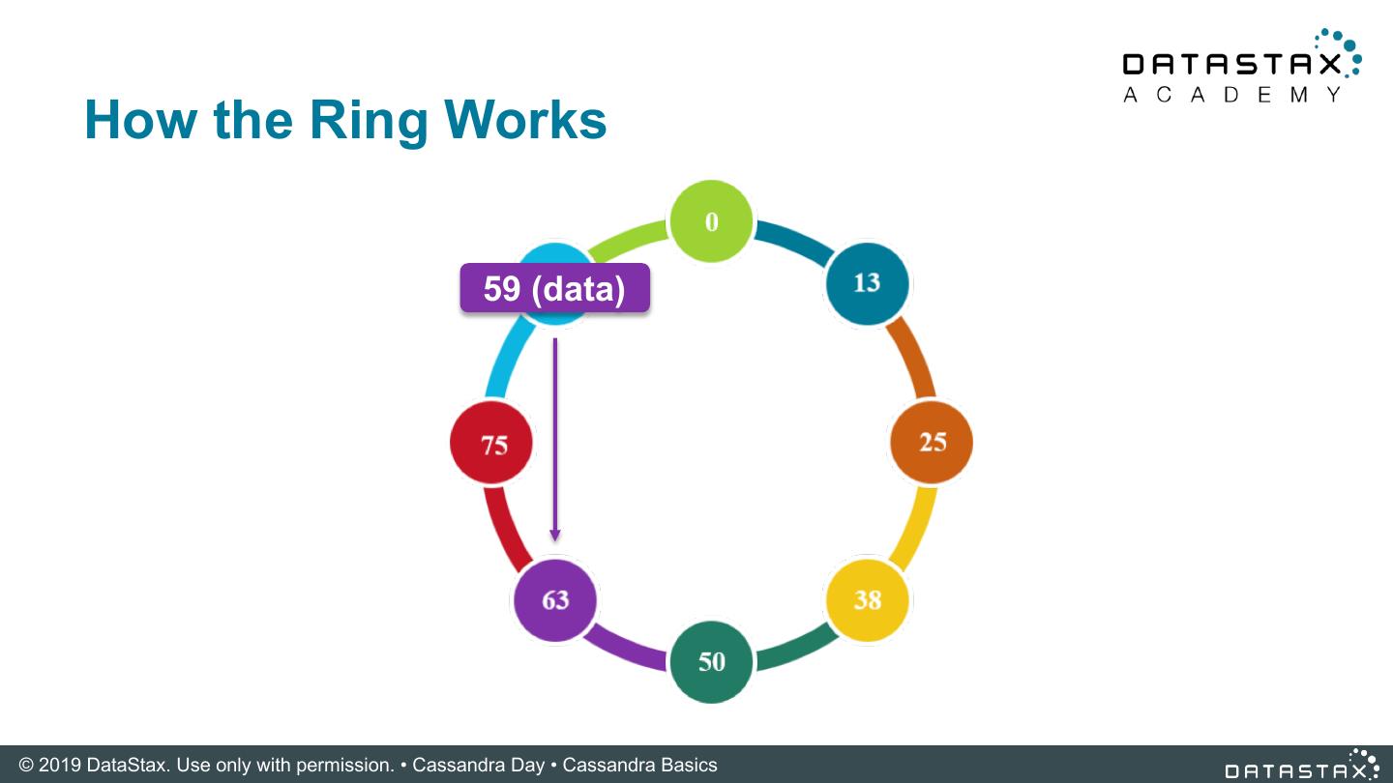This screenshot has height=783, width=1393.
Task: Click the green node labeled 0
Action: (x=711, y=221)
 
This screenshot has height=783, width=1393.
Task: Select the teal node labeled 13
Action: (x=867, y=282)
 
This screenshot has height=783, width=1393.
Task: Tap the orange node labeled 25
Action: (x=932, y=442)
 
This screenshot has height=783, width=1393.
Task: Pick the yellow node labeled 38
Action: (x=867, y=599)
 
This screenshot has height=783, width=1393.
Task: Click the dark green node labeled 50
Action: (x=711, y=661)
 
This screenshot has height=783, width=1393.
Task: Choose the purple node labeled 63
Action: (x=554, y=600)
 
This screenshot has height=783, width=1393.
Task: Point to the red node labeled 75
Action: (x=492, y=444)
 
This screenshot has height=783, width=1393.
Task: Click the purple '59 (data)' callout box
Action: (x=554, y=288)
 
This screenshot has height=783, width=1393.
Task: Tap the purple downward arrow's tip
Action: (x=554, y=536)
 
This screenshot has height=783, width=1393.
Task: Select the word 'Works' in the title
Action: (x=525, y=120)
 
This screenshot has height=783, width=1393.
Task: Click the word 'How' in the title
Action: (x=139, y=120)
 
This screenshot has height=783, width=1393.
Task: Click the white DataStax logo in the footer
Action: (x=1301, y=765)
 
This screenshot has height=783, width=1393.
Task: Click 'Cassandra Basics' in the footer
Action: (x=639, y=765)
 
